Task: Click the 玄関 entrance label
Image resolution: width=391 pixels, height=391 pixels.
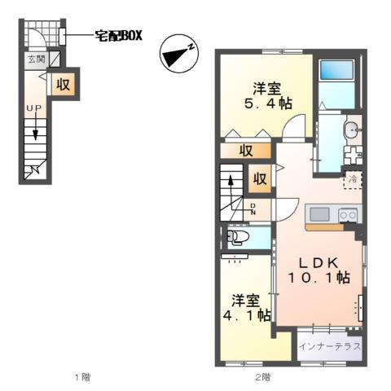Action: [36, 59]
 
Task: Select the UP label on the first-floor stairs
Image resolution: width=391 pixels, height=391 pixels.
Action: [33, 108]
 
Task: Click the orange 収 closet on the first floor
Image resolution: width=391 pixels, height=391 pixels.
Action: [63, 85]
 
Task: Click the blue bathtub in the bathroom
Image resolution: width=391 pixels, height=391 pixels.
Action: [336, 81]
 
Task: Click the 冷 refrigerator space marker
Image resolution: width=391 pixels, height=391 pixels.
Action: [354, 178]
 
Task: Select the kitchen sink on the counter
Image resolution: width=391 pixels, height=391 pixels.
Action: [317, 215]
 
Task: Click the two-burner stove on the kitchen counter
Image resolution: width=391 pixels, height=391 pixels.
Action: [348, 215]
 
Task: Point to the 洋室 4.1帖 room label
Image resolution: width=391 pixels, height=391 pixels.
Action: [244, 307]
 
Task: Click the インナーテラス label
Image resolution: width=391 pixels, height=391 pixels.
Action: [329, 346]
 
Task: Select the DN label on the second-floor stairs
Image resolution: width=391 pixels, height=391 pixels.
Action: [253, 208]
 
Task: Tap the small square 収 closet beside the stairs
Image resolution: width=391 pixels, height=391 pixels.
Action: [259, 178]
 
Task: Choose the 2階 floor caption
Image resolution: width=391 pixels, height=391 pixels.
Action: [261, 377]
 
